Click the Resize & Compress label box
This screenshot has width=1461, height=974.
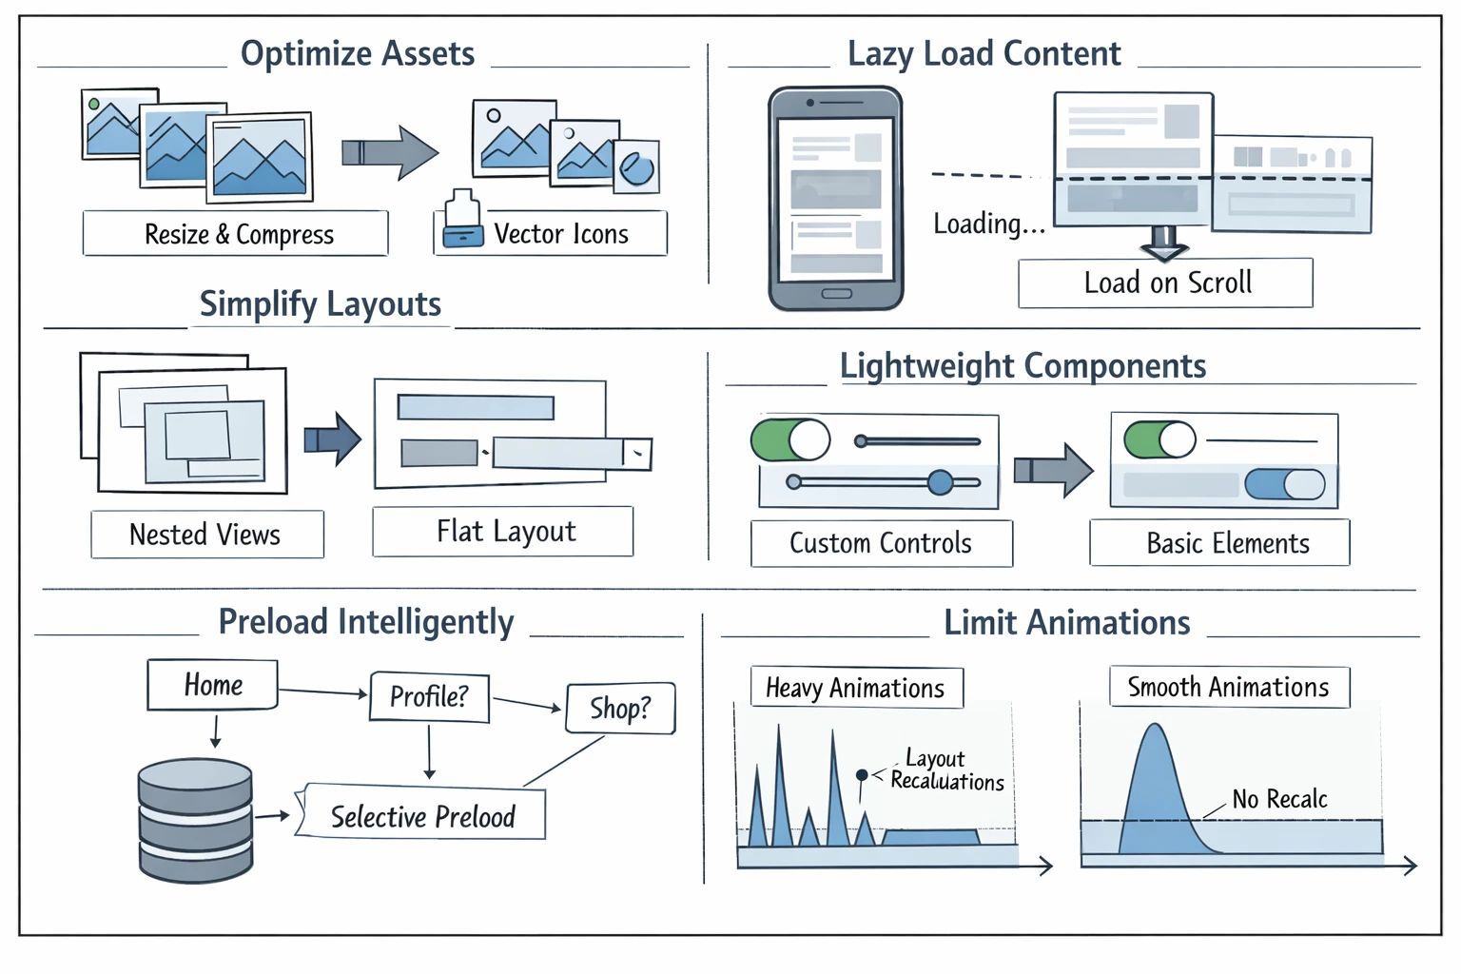click(235, 234)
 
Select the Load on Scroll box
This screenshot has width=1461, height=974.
click(1166, 283)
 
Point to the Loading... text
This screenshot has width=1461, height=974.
click(988, 224)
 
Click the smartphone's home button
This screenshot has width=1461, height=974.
click(836, 293)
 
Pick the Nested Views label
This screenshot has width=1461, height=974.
click(206, 535)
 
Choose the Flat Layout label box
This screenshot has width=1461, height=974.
click(503, 532)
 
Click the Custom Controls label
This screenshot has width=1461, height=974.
click(881, 543)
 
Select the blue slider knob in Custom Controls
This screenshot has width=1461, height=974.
click(940, 482)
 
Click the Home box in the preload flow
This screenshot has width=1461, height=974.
click(213, 685)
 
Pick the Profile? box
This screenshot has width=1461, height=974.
click(429, 697)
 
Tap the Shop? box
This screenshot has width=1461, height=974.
click(620, 709)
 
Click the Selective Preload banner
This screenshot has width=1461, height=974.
click(422, 815)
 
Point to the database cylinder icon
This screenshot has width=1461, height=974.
click(195, 820)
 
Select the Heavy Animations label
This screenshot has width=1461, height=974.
click(856, 688)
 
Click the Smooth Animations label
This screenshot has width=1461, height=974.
click(1229, 687)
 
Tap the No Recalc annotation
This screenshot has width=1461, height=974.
click(1279, 799)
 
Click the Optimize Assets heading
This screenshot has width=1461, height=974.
click(358, 54)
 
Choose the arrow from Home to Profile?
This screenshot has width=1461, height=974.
click(322, 692)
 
